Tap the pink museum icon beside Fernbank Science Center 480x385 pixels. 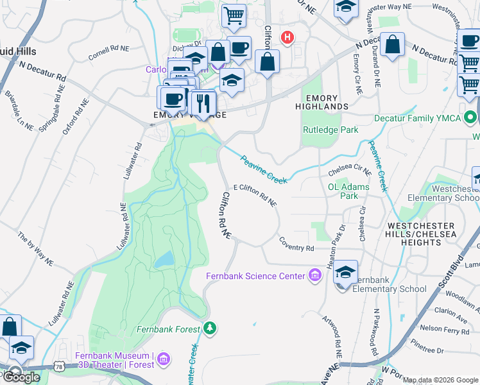click(x=314, y=276)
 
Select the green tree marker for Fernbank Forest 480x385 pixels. click(x=210, y=329)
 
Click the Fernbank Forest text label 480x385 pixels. click(x=169, y=329)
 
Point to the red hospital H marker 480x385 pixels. click(x=288, y=37)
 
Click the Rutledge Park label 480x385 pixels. click(x=330, y=130)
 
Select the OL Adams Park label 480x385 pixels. click(x=348, y=191)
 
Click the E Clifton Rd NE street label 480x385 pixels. click(x=255, y=194)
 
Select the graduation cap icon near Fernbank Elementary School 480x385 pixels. click(x=345, y=272)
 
